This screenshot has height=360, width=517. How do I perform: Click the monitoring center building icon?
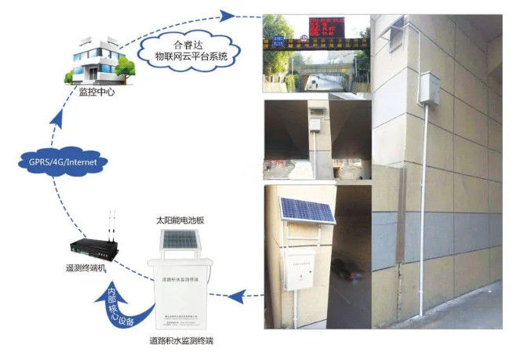click(x=99, y=60)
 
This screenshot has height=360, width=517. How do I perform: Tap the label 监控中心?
click(x=97, y=92)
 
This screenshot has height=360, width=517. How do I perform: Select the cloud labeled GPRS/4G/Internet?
click(x=62, y=163)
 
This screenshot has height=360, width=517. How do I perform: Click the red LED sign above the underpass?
click(x=322, y=27)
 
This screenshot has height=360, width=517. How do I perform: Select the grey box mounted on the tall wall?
click(x=431, y=88)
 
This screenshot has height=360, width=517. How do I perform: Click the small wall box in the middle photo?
click(x=316, y=122)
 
